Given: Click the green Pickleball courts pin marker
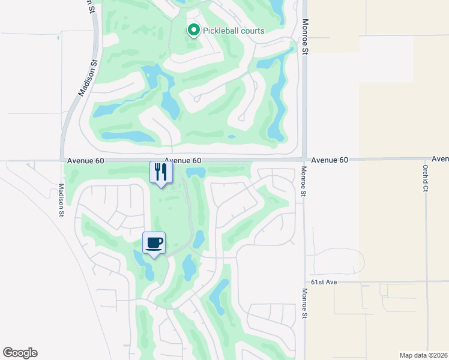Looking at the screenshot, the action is (194, 29).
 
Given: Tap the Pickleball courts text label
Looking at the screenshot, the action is (234, 31).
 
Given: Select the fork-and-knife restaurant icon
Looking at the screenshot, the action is (160, 173).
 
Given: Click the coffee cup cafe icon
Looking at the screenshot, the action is (154, 243).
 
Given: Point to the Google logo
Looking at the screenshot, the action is (20, 353).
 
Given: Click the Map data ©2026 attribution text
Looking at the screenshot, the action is (423, 355).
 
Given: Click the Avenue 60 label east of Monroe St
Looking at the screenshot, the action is (330, 160).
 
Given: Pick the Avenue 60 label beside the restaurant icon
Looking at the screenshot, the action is (183, 161).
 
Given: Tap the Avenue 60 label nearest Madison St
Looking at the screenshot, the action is (86, 161).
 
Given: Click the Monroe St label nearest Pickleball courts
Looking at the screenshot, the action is (305, 37).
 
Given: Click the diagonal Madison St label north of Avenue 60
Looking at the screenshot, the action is (88, 78).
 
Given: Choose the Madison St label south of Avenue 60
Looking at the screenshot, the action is (61, 199).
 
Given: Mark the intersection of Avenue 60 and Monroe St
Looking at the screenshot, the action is (304, 160).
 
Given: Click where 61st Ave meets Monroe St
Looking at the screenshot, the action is (304, 281).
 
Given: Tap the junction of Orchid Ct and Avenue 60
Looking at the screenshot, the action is (426, 160).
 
